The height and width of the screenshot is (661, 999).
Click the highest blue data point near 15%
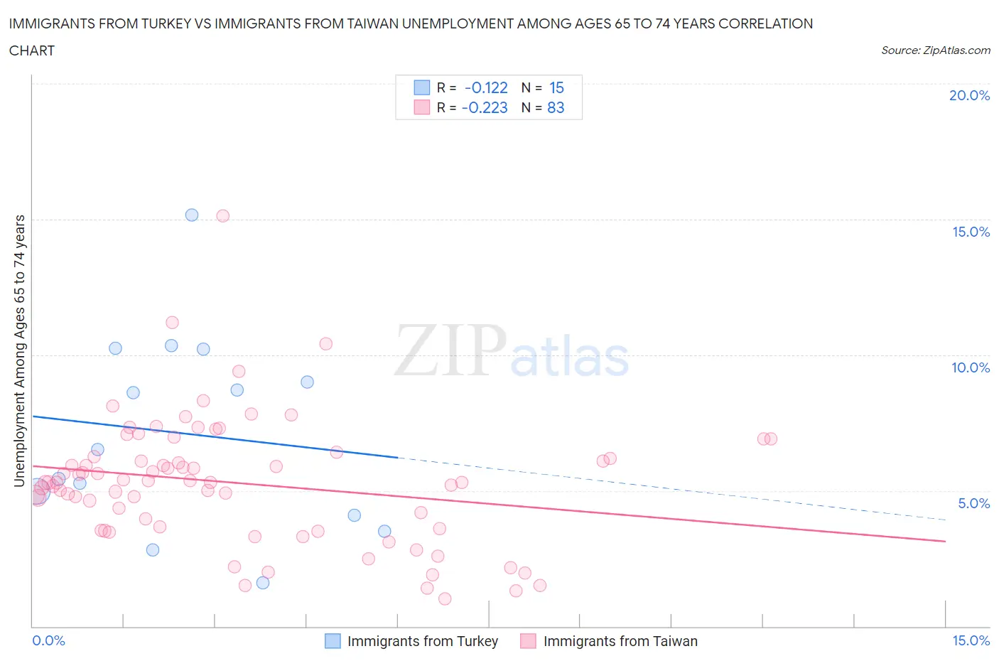(x=192, y=215)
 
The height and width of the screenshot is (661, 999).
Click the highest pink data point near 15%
(x=222, y=216)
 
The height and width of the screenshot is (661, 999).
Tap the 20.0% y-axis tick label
(x=969, y=95)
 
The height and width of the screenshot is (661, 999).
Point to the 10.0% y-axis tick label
(x=970, y=367)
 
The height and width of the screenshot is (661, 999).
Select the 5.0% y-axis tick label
(x=973, y=503)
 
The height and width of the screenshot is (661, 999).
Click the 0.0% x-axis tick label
(x=48, y=640)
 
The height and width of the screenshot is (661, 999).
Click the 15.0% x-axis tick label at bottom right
(x=971, y=640)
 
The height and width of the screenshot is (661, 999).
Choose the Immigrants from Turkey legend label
(x=422, y=641)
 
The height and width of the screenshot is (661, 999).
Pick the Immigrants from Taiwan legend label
(x=620, y=641)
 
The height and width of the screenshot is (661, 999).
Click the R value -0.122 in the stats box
(x=486, y=87)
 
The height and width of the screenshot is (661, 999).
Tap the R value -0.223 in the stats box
(x=485, y=107)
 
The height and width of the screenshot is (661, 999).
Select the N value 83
(x=556, y=107)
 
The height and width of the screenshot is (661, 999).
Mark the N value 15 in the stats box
(x=556, y=87)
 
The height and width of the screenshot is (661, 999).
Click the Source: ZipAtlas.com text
(x=935, y=50)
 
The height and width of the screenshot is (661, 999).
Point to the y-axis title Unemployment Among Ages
(x=19, y=350)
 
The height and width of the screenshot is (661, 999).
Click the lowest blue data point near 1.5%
(x=263, y=583)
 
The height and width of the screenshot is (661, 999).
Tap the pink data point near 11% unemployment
(x=172, y=323)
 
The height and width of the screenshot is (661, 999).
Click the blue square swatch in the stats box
(x=422, y=87)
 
